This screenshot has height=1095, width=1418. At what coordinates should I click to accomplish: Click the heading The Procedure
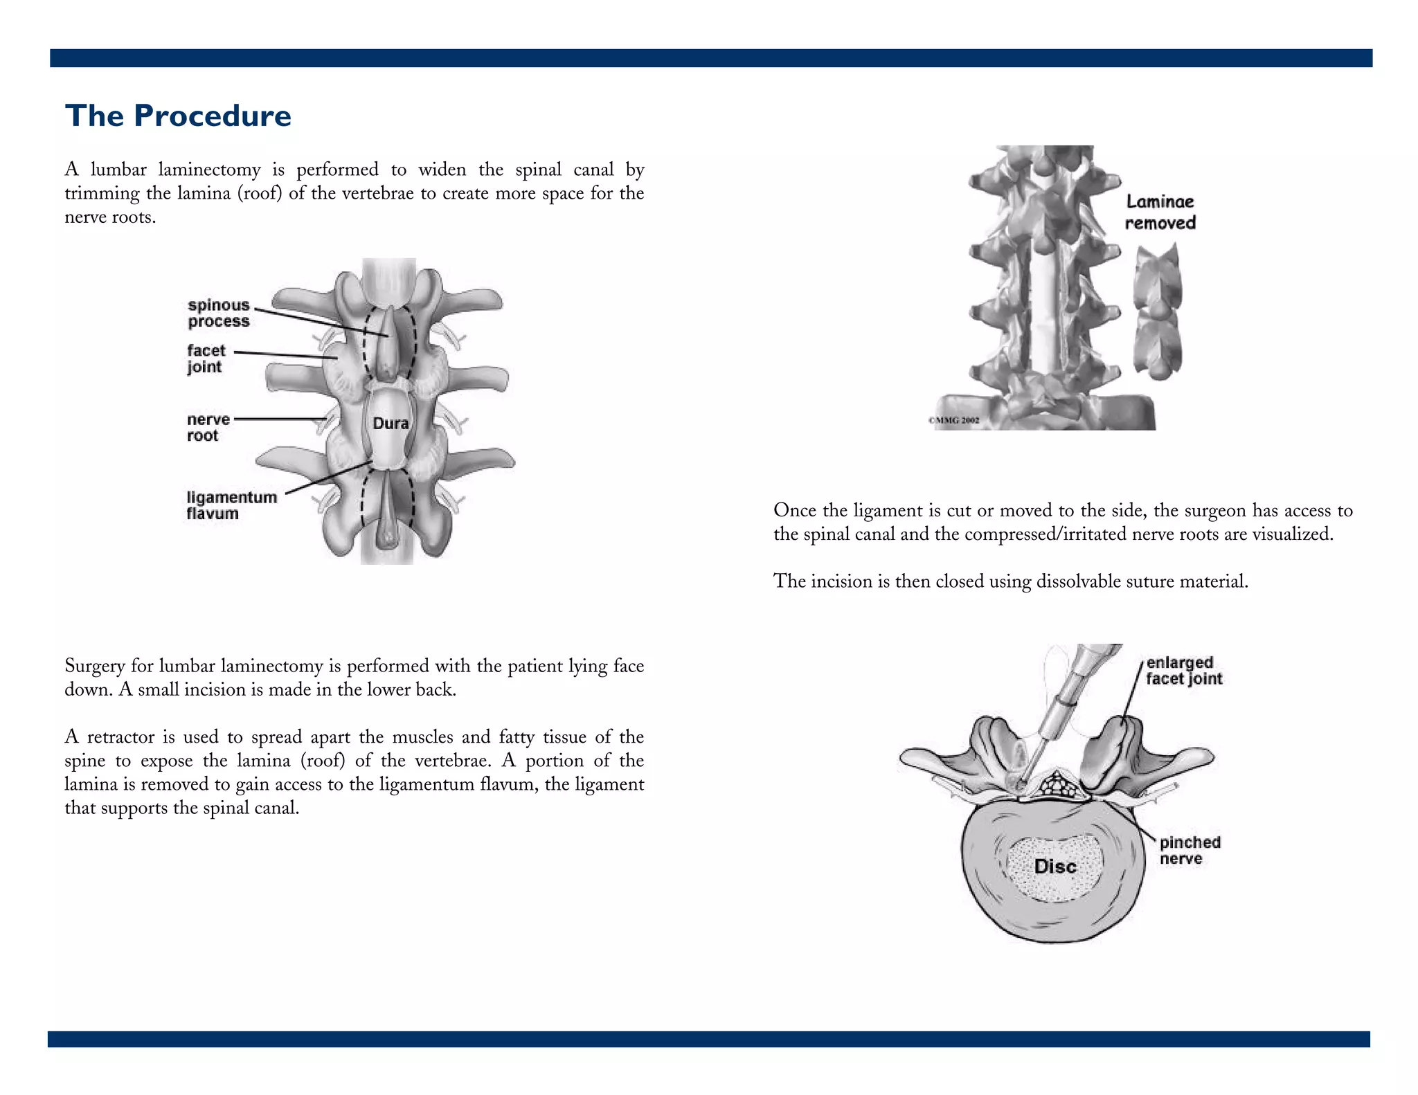click(178, 116)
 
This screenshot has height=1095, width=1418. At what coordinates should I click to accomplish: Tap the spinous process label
click(218, 313)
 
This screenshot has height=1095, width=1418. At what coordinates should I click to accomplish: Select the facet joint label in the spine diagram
click(206, 359)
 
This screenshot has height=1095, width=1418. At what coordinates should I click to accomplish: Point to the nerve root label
click(207, 427)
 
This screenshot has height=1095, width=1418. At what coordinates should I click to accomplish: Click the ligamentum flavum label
click(231, 505)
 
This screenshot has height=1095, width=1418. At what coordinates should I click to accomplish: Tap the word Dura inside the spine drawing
click(391, 424)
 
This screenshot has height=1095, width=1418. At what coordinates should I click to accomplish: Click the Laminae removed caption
click(1160, 212)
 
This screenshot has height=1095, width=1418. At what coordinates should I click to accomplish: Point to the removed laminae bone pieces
click(1157, 311)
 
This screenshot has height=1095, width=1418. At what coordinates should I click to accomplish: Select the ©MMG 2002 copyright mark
click(953, 420)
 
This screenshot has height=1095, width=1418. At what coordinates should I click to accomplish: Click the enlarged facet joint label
click(1183, 671)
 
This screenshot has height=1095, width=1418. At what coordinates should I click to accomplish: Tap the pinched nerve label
click(1190, 850)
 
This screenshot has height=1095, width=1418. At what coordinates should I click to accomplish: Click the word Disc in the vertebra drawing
click(1054, 867)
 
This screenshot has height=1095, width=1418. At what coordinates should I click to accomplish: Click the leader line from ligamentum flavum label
click(329, 477)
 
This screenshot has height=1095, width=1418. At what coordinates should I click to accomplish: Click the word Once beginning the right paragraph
click(796, 511)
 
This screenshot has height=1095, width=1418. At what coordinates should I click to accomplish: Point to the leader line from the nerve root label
click(280, 419)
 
